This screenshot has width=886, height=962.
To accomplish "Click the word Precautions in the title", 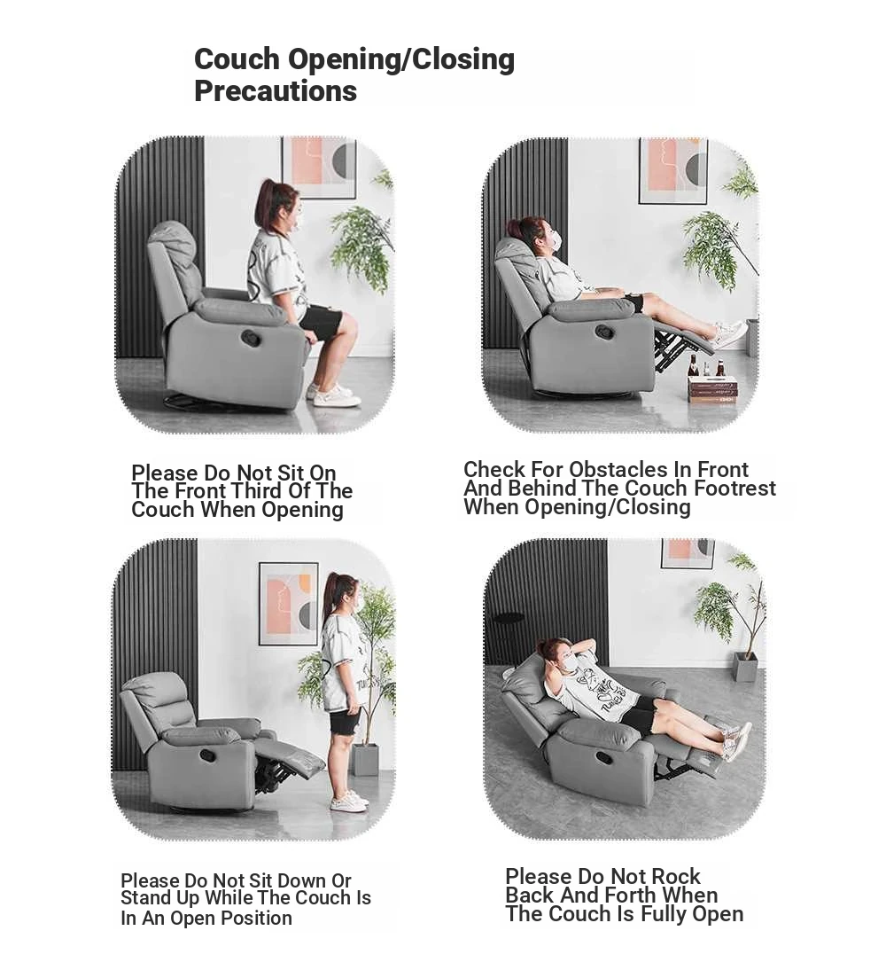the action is pos(276,91).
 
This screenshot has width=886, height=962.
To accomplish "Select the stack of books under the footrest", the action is pos(712,389).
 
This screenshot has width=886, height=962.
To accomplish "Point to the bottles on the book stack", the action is pos(706,365).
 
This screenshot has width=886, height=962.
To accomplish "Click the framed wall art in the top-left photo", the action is pos(319,167).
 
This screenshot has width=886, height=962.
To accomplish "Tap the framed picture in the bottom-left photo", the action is pos(288,604).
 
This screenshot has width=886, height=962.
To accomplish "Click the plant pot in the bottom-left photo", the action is pos(365,760).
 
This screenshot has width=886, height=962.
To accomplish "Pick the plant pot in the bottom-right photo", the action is pos(746,667).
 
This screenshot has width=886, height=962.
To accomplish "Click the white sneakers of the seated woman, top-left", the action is pos(334,395).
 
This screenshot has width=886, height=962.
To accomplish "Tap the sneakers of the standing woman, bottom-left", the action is pos(349,802).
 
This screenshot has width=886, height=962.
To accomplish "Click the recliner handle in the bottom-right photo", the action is pos(604,758).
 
